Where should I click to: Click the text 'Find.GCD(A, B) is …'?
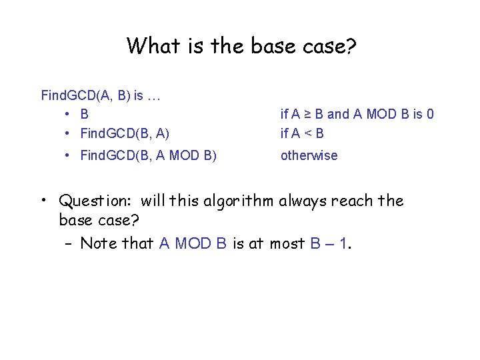click(x=101, y=95)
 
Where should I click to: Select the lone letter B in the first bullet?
click(x=85, y=114)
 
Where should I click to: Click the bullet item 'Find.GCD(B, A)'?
click(x=125, y=133)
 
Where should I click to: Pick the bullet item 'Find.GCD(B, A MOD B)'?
click(x=148, y=155)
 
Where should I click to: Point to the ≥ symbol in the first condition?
click(x=307, y=114)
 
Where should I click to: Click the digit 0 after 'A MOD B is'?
click(x=429, y=114)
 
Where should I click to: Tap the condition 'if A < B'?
click(x=302, y=133)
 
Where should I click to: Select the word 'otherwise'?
click(x=309, y=155)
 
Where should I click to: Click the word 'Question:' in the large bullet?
click(x=96, y=201)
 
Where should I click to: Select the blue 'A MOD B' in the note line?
click(x=193, y=243)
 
